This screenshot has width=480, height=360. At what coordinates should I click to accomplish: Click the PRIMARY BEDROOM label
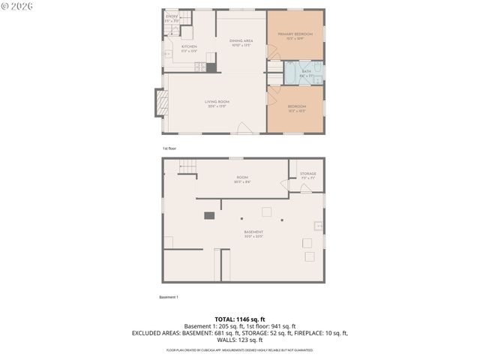(x=295, y=34)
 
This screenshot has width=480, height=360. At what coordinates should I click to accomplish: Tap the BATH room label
(x=306, y=71)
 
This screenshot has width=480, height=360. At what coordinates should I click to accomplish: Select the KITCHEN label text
(x=189, y=47)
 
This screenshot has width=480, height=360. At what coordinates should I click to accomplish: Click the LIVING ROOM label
(x=217, y=102)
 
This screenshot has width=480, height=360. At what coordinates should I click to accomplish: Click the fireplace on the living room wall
(x=159, y=103)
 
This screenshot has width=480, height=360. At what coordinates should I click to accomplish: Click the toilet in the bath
(x=318, y=75)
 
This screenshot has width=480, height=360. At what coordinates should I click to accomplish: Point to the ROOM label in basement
(x=242, y=178)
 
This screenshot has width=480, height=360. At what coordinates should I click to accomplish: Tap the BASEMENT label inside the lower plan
(x=253, y=232)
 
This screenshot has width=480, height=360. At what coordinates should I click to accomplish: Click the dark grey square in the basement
(x=209, y=216)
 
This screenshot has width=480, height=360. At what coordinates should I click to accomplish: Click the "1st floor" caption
(x=169, y=148)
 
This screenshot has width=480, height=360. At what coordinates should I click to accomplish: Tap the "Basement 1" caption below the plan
(x=169, y=297)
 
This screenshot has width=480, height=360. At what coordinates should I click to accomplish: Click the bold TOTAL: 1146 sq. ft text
(x=239, y=319)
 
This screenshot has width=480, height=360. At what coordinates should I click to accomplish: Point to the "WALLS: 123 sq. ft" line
(x=239, y=340)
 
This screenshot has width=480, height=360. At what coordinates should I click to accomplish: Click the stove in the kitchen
(x=200, y=67)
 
